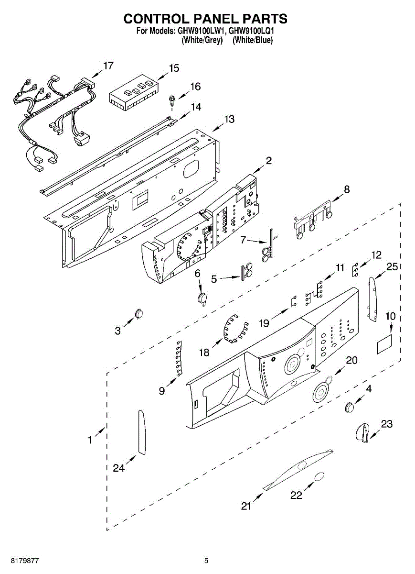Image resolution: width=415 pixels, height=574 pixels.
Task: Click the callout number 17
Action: pyautogui.click(x=108, y=66)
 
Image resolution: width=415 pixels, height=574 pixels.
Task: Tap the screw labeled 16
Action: pyautogui.click(x=170, y=100)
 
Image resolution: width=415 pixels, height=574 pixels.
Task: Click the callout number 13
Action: pyautogui.click(x=230, y=119)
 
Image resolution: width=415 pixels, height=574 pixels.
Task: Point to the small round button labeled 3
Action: pyautogui.click(x=139, y=313)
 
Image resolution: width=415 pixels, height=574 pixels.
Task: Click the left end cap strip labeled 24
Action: pyautogui.click(x=142, y=432)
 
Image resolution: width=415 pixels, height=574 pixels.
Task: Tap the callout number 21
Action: pyautogui.click(x=246, y=506)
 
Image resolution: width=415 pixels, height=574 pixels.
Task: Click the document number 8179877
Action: pyautogui.click(x=22, y=561)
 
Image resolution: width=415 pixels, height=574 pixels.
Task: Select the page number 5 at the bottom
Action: pyautogui.click(x=206, y=561)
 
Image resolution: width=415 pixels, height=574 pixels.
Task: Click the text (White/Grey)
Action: pyautogui.click(x=202, y=40)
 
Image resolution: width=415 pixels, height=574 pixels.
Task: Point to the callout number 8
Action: pyautogui.click(x=347, y=189)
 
